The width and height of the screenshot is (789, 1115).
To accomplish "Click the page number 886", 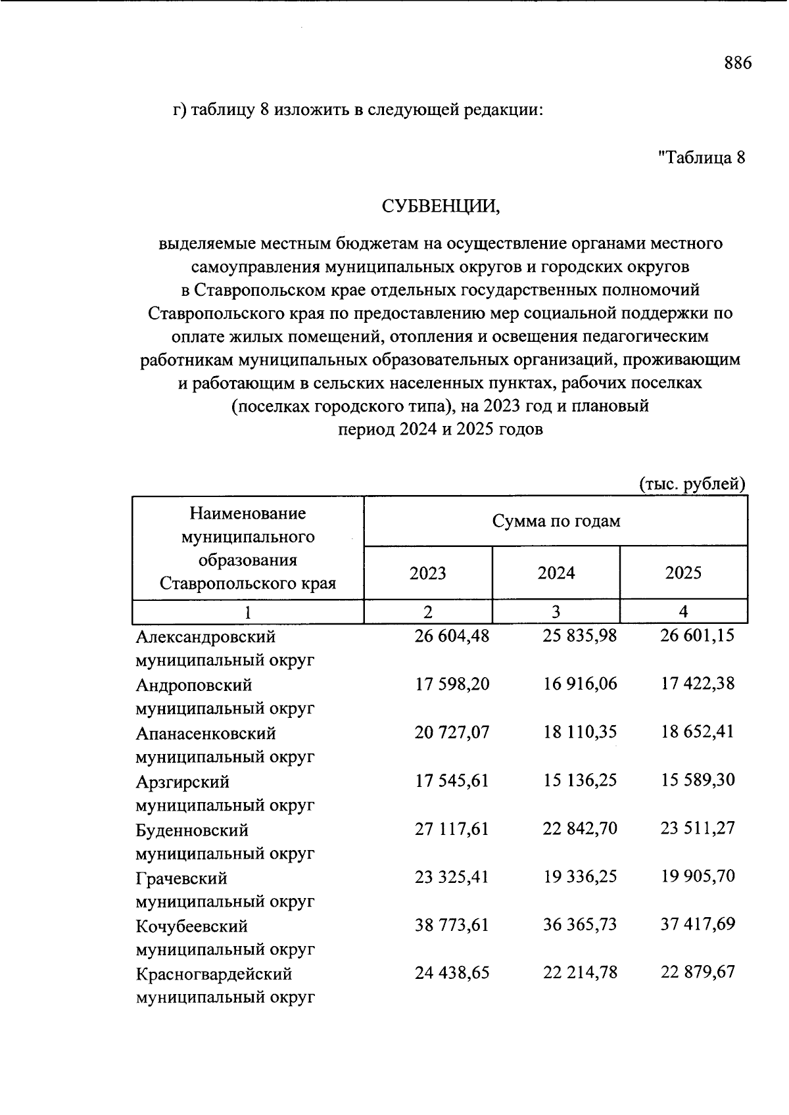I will (x=737, y=63).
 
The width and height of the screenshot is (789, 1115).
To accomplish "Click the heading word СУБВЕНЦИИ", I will (x=441, y=206).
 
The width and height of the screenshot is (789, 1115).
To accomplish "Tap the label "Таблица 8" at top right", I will (x=702, y=158).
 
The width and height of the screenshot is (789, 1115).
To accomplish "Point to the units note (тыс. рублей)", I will (x=692, y=485).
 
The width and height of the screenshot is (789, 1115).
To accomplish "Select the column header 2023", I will (x=427, y=573).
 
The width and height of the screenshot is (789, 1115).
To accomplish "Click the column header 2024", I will (x=556, y=573).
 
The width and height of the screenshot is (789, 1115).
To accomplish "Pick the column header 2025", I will (x=683, y=573).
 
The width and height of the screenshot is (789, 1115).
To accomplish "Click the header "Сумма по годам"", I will (x=556, y=521).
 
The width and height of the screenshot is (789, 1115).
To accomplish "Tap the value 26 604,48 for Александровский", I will (x=452, y=636).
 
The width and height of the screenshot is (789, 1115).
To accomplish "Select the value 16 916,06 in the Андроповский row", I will (x=580, y=684).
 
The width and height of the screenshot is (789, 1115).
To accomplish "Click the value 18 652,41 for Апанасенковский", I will (x=697, y=732).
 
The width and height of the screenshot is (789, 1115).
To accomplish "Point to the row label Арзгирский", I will (x=183, y=782).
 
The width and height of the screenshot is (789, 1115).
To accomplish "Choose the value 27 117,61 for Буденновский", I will (x=452, y=829).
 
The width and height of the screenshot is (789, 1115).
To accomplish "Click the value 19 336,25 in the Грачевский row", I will (x=580, y=877).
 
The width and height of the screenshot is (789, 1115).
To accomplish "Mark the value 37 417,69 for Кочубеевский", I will (x=697, y=925).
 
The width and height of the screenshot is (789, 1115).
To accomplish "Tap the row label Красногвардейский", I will (x=214, y=974).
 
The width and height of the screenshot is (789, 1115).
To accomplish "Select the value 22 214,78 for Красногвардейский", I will (x=580, y=973).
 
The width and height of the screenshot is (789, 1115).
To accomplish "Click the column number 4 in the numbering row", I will (x=683, y=611).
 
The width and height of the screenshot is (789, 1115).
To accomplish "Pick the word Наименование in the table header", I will (x=248, y=513).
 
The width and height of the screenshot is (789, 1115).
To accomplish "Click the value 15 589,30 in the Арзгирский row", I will (x=697, y=780).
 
